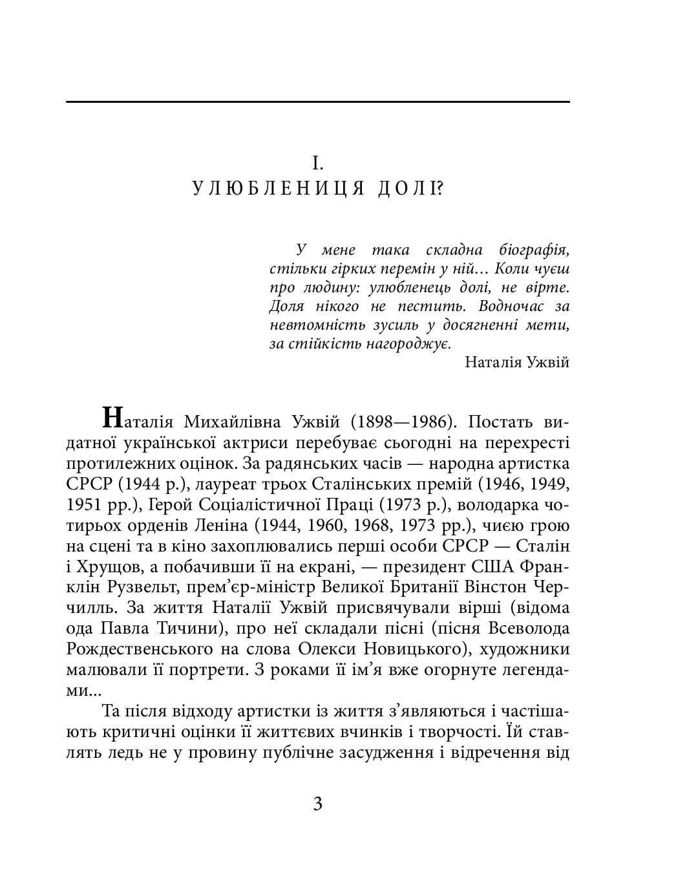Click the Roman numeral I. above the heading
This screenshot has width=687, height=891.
(317, 162)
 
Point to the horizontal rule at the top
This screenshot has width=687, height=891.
(317, 102)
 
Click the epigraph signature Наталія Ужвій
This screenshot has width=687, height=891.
(516, 362)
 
